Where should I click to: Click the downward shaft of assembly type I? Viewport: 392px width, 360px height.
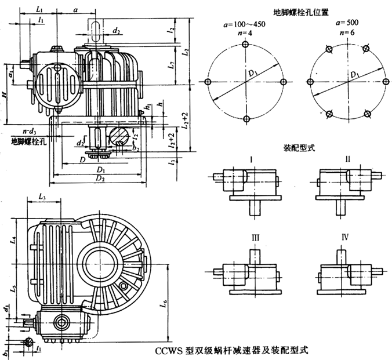pyautogui.click(x=254, y=208)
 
